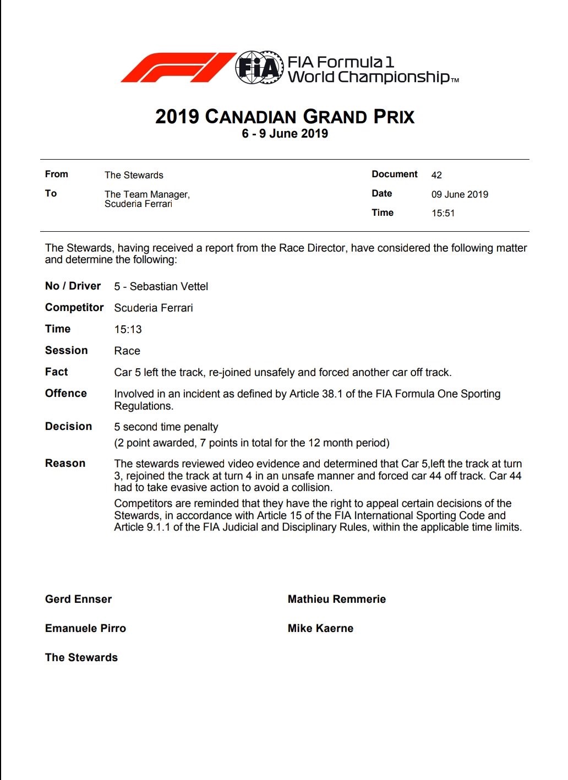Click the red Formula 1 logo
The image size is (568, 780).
pyautogui.click(x=177, y=68)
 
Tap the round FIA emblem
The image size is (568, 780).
pyautogui.click(x=259, y=68)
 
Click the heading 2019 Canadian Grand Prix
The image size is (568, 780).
pyautogui.click(x=285, y=117)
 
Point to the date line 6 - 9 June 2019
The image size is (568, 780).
pyautogui.click(x=285, y=134)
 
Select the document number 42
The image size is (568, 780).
pyautogui.click(x=436, y=175)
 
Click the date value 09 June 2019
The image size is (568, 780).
pyautogui.click(x=460, y=194)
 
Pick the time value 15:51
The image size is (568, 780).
pyautogui.click(x=443, y=214)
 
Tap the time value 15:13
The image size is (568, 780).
pyautogui.click(x=128, y=330)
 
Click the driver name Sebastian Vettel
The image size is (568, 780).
pyautogui.click(x=168, y=287)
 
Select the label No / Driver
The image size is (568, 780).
pyautogui.click(x=73, y=286)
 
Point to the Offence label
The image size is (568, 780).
pyautogui.click(x=66, y=394)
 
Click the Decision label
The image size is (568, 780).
pyautogui.click(x=68, y=427)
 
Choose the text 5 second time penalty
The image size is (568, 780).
pyautogui.click(x=166, y=427)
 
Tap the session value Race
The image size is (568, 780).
pyautogui.click(x=127, y=351)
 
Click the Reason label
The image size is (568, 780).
pyautogui.click(x=65, y=463)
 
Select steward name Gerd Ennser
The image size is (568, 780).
pyautogui.click(x=78, y=599)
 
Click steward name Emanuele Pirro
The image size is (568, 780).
pyautogui.click(x=85, y=629)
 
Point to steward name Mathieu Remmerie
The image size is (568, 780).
pyautogui.click(x=336, y=599)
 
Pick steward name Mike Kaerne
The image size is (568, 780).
pyautogui.click(x=320, y=629)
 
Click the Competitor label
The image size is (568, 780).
pyautogui.click(x=74, y=308)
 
